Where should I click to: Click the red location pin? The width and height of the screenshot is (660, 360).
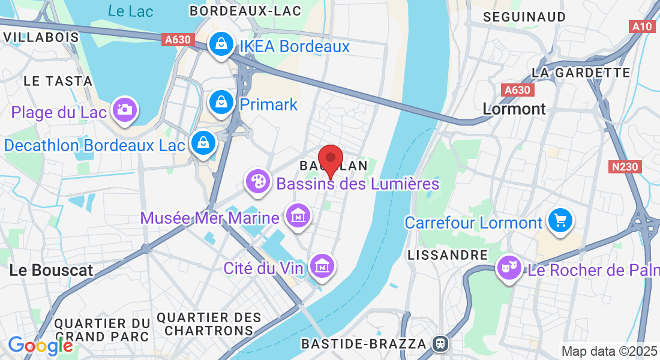(330, 158)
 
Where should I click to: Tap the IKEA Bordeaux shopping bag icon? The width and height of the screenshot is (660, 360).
(221, 44)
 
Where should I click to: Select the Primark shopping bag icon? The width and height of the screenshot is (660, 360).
(221, 103)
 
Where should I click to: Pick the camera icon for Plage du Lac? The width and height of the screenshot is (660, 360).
(124, 110)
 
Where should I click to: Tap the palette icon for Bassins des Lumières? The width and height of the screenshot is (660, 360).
(258, 181)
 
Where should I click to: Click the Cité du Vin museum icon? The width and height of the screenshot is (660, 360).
(323, 265)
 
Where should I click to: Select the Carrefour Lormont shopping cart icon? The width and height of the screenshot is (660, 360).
(560, 221)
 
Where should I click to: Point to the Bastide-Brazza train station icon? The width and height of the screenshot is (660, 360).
(440, 344)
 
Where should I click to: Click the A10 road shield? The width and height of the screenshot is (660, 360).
(643, 26)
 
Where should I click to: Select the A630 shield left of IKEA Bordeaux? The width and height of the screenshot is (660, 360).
(178, 40)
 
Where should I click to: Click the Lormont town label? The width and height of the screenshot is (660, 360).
(514, 109)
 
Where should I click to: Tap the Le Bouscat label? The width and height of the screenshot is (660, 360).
(52, 271)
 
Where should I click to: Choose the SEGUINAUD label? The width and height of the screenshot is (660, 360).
(525, 17)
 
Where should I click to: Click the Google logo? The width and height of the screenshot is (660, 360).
(40, 345)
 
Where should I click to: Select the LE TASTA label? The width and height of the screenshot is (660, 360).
(58, 81)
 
